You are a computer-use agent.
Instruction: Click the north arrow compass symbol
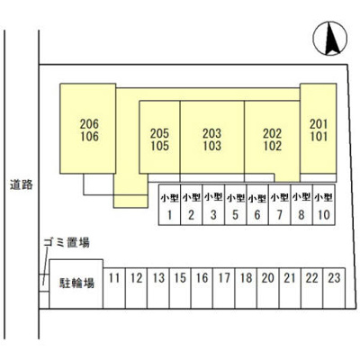tap(330, 39)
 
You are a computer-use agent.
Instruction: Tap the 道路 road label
tap(22, 184)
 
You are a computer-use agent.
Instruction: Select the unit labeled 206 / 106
tap(88, 129)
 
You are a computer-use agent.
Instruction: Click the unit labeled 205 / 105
tap(159, 137)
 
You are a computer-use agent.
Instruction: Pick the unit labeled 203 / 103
tap(212, 137)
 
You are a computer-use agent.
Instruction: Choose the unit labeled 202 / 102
tap(272, 137)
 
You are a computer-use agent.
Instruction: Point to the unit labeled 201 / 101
tap(319, 129)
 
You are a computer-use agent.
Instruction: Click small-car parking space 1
tap(169, 204)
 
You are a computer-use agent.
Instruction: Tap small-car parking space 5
tap(236, 204)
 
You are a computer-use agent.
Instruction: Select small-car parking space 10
tap(324, 204)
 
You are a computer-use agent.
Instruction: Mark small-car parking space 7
tap(280, 204)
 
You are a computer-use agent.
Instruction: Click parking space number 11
tap(114, 288)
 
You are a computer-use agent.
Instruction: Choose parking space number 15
tap(180, 288)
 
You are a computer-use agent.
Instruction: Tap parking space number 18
tap(246, 288)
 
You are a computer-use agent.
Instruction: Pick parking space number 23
tap(334, 288)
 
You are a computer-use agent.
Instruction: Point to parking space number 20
tap(268, 288)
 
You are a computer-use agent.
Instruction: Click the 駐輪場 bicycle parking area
tap(76, 283)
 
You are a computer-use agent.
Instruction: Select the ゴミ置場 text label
tap(67, 242)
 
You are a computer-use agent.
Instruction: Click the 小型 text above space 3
tap(213, 197)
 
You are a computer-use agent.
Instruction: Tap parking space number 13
tap(158, 288)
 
